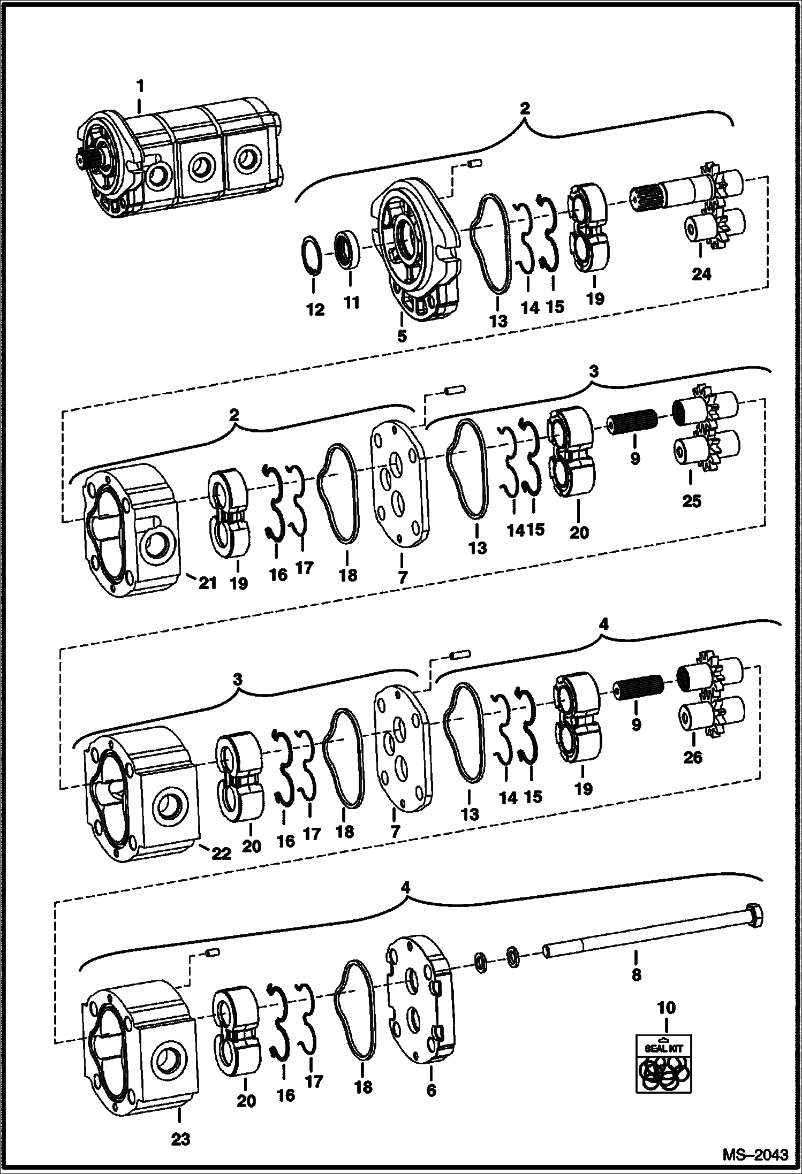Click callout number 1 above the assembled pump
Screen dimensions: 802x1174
tap(140, 86)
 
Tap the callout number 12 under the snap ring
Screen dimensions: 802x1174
tap(315, 310)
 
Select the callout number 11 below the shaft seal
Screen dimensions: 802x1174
tap(351, 303)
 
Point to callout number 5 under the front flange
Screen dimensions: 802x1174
tap(402, 336)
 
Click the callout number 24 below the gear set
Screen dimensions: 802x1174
tap(701, 275)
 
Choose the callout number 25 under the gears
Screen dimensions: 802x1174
tap(691, 501)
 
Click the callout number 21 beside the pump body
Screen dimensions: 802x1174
tap(207, 583)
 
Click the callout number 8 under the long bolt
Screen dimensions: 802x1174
tap(636, 974)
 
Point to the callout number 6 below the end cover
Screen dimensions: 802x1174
tap(431, 1091)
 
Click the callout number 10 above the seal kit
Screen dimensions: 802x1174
tap(666, 1008)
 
